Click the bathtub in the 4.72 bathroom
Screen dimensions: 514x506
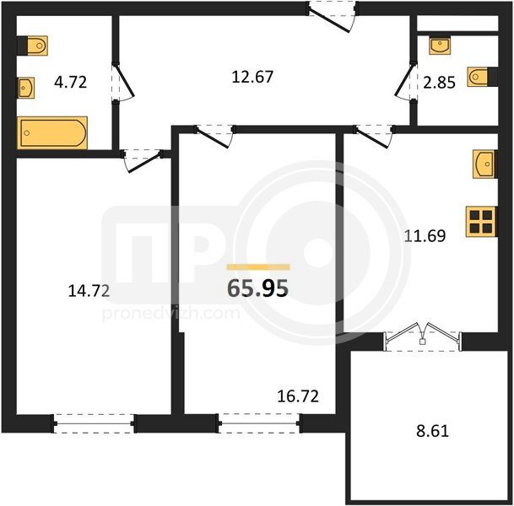[x=52, y=132]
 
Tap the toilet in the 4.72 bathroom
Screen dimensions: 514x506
[x=32, y=46]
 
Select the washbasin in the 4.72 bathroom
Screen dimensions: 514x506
[x=26, y=88]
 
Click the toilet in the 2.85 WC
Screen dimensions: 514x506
[x=482, y=77]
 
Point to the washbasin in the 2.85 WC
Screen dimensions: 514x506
[x=440, y=46]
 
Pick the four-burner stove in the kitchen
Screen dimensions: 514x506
[x=481, y=222]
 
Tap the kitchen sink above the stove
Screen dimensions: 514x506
[x=484, y=164]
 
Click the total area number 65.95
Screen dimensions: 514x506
[x=258, y=288]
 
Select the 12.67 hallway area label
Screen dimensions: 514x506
[x=252, y=77]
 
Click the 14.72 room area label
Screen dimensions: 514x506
[x=89, y=291]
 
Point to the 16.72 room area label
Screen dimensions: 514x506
[x=298, y=396]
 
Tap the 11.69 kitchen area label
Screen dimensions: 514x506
[x=425, y=236]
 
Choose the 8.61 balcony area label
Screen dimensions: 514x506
[x=432, y=431]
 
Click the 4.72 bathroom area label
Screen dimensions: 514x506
[x=71, y=82]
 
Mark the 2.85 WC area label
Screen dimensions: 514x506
[x=439, y=82]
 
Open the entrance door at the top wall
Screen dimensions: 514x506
[x=332, y=16]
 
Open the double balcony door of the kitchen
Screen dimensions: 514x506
[x=423, y=336]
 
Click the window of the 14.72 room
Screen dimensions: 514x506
[x=94, y=423]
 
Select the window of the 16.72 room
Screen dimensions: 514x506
[x=259, y=423]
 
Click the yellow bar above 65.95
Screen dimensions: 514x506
[x=258, y=267]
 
